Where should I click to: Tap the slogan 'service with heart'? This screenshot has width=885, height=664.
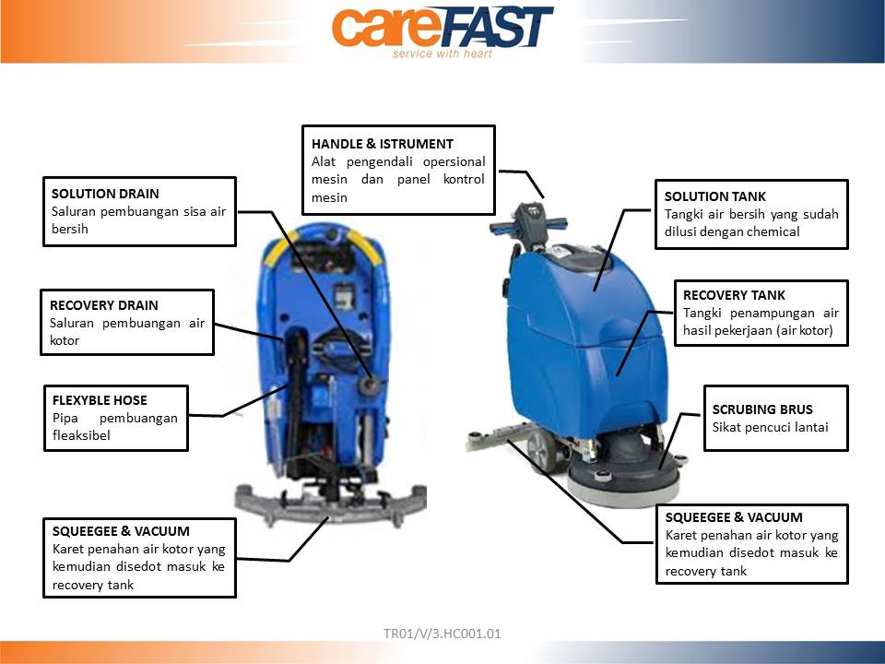point(442,53)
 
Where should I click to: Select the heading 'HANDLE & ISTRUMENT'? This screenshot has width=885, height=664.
point(382,144)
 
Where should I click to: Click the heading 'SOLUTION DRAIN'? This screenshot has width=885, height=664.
point(105,194)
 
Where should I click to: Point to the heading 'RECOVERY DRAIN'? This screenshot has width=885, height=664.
point(104,305)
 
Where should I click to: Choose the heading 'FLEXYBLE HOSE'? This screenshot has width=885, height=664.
point(100,400)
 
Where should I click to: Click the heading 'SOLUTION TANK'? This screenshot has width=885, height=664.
point(714,196)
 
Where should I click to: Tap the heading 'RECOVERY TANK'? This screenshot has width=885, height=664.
point(734,295)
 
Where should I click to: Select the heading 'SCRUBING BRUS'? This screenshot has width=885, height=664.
point(762,409)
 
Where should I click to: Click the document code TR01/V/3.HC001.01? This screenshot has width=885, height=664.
point(442,634)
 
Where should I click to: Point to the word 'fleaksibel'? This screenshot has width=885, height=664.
point(81,435)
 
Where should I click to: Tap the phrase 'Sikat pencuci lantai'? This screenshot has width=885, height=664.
point(770,427)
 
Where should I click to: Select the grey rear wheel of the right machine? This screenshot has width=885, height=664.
point(541,449)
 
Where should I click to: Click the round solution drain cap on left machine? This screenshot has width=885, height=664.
point(371,385)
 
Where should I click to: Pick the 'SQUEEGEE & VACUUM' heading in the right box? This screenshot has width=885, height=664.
point(734,517)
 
